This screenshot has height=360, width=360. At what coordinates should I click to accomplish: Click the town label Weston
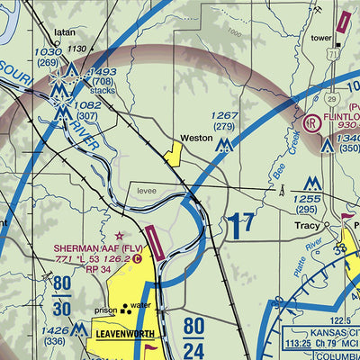point(195,139)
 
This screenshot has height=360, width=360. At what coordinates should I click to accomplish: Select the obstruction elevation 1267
point(225,115)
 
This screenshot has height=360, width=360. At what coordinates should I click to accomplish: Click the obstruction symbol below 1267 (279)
point(225,144)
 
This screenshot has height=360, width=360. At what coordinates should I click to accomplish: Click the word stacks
point(103,91)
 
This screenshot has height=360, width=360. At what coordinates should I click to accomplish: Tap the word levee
point(146,192)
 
